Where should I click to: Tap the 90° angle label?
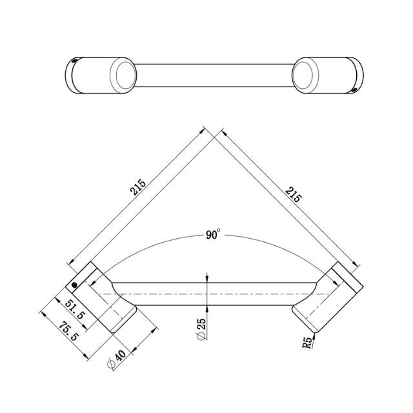coord(213,236)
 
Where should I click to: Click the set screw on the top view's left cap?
coord(75,62)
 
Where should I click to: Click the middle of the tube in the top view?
coord(213,74)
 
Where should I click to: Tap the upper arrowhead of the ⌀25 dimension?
coord(205,279)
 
